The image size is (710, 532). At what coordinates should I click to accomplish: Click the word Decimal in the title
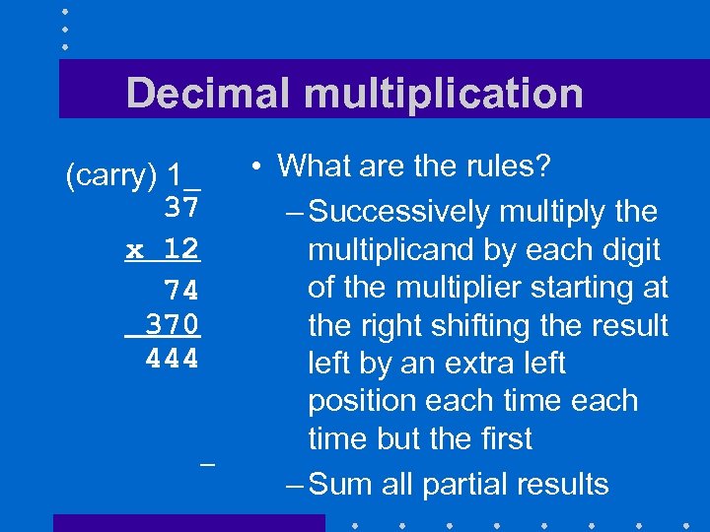(x=208, y=94)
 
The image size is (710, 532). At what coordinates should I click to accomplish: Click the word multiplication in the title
(x=443, y=94)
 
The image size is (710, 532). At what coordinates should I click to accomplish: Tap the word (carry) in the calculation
(x=111, y=176)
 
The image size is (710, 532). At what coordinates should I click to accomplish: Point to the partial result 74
(x=182, y=291)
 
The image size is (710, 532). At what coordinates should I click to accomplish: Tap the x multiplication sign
(x=135, y=250)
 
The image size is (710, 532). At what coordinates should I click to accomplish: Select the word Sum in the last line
(x=341, y=484)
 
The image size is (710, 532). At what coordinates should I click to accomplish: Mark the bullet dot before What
(x=254, y=166)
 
